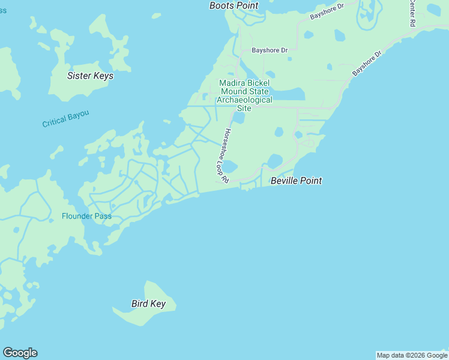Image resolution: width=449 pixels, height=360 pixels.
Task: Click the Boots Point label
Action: tap(234, 5)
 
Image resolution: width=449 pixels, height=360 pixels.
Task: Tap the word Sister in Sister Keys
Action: tap(79, 76)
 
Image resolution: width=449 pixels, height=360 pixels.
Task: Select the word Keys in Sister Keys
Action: tap(103, 76)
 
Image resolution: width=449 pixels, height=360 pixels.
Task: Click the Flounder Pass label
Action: tap(86, 216)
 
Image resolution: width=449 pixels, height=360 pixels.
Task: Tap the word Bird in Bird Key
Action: tap(140, 304)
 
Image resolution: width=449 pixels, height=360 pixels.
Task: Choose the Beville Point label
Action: tap(296, 181)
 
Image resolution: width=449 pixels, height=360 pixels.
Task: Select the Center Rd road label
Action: tap(412, 13)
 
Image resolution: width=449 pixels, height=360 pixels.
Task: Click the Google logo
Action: tap(20, 353)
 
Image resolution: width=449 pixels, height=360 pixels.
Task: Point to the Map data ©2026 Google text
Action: tap(412, 355)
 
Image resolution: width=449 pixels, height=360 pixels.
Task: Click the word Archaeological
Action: tap(244, 100)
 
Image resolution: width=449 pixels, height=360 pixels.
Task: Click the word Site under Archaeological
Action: tap(244, 108)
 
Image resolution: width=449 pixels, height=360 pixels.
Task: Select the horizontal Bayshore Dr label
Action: tap(270, 50)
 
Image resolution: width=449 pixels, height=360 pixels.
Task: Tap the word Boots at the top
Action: tap(220, 5)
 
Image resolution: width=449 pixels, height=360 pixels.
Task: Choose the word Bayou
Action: tap(77, 116)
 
